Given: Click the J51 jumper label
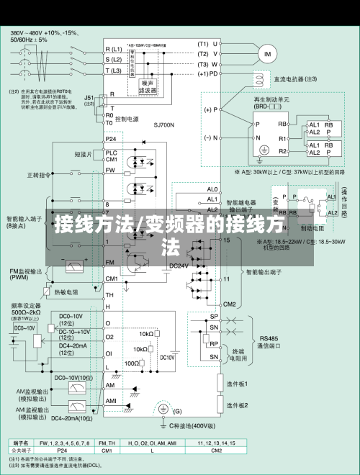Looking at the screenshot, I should tap(89, 97).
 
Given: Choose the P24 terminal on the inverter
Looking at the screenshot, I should tap(110, 138).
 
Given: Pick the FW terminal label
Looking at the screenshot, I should tap(110, 171).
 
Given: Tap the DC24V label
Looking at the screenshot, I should tap(179, 266).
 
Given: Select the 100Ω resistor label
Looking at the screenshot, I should tap(132, 363).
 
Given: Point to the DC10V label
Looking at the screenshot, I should tap(167, 357).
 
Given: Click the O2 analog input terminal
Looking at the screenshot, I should tap(109, 336).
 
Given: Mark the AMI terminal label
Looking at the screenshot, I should tap(112, 401).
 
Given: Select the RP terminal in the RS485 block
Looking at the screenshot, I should tap(214, 343).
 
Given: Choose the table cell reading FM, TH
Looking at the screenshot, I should tap(107, 443).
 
